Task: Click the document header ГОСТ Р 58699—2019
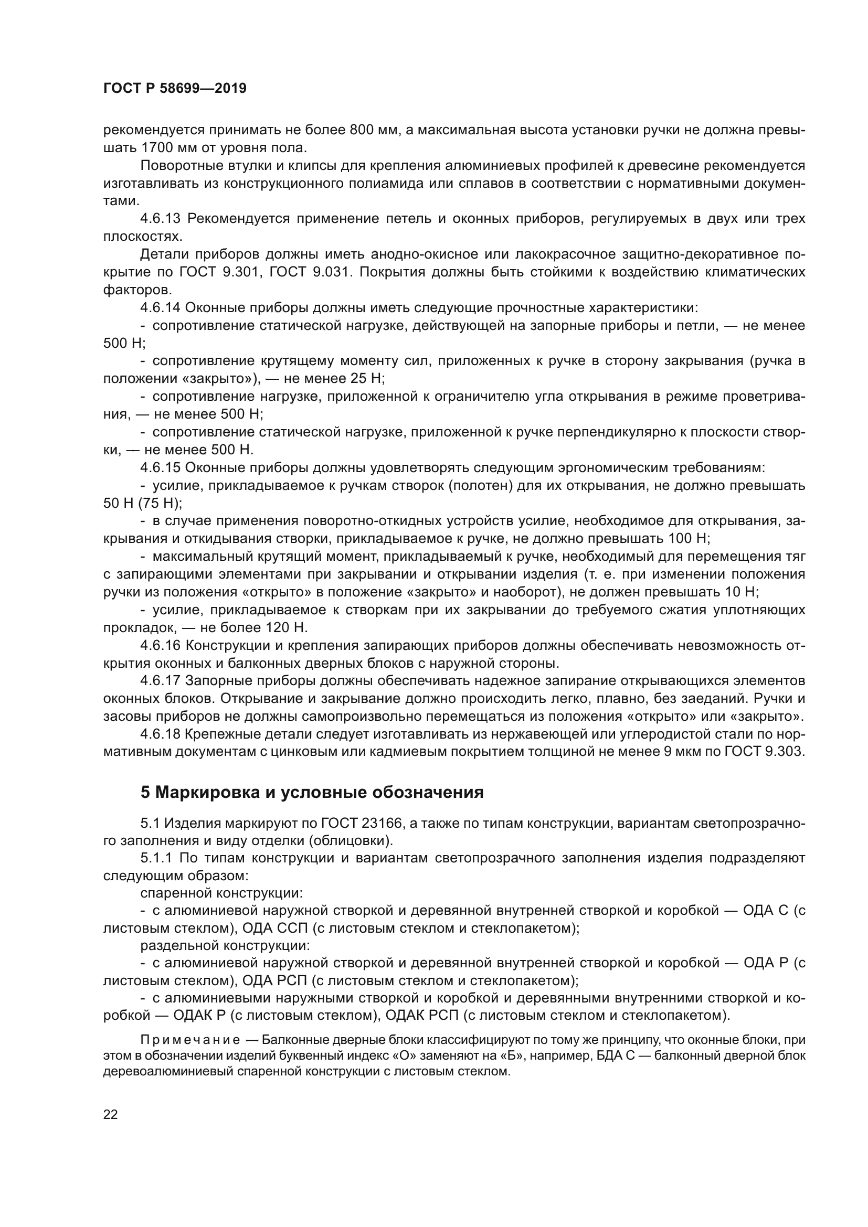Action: [x=175, y=89]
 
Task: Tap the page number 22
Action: [x=111, y=1114]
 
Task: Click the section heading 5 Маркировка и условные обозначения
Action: [x=312, y=792]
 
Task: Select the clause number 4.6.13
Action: [x=161, y=219]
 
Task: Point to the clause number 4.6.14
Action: [x=161, y=308]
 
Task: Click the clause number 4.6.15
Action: [x=161, y=467]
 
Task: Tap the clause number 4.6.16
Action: [x=161, y=646]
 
